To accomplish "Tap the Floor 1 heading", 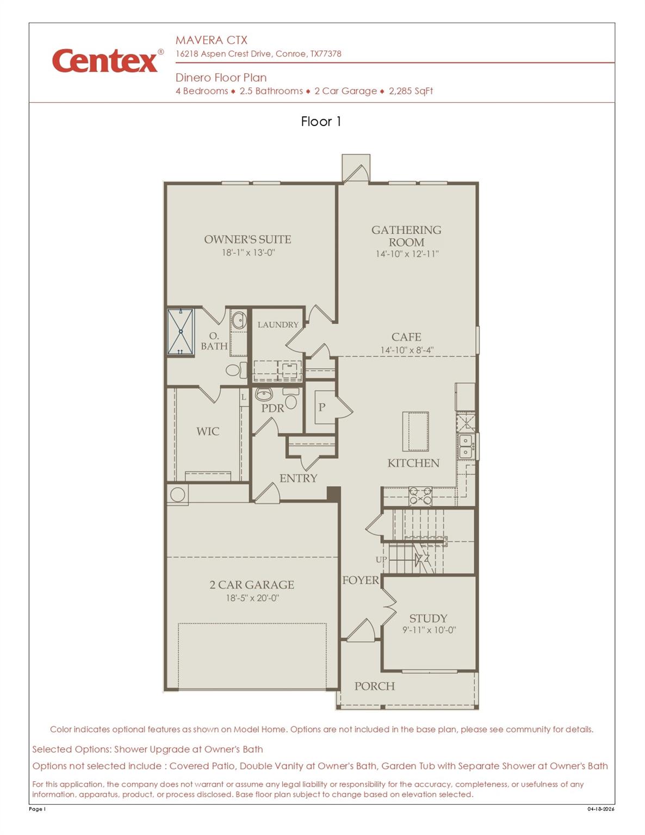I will pos(321,121).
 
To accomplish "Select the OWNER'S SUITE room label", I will pos(247,239).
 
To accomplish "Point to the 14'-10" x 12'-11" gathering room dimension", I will pos(407,254).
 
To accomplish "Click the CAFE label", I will pos(406,337).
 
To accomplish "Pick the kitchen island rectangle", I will pos(415,432).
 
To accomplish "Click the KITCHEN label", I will pos(413,463).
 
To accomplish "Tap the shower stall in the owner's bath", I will pos(181,332).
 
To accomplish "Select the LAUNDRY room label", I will pos(278,325).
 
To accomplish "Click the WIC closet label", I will pos(208,432).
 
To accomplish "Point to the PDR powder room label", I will pos(272,408).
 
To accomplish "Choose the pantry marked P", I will pos(321,407).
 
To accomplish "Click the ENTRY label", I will pos(298,478).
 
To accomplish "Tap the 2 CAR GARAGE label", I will pos(252,585).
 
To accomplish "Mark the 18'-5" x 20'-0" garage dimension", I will pos(252,598).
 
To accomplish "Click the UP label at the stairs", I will pos(381,559).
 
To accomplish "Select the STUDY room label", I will pos(429,619).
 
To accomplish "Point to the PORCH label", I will pos(375,686).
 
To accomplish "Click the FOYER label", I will pos(361,581).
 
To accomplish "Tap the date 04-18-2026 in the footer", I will pos(600,809).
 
